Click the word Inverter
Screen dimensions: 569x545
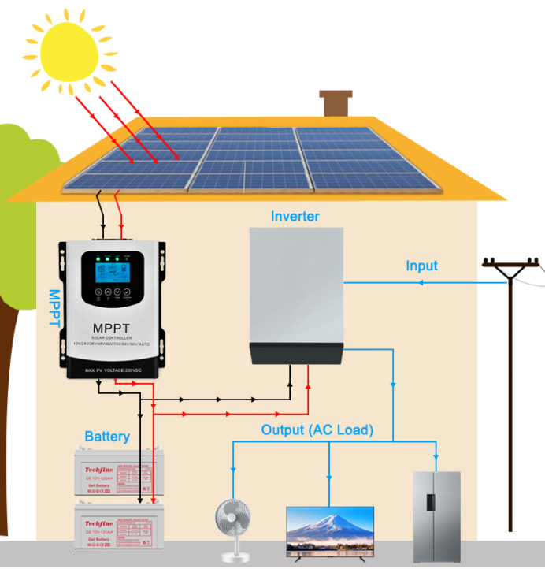295,216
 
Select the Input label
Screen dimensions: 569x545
421,266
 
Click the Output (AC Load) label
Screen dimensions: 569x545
317,430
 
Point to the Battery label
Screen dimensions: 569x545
107,437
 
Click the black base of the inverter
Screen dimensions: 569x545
298,351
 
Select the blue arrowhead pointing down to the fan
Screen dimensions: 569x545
232,473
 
